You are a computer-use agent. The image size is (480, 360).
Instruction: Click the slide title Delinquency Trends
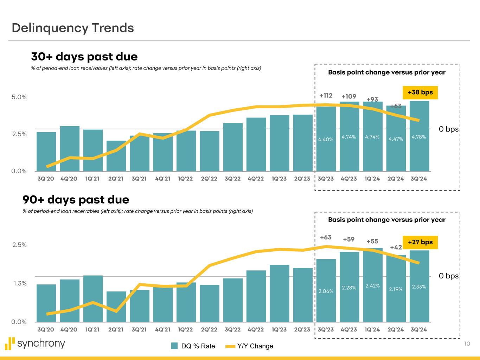click(x=73, y=28)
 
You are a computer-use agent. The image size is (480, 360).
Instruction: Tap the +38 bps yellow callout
click(x=420, y=92)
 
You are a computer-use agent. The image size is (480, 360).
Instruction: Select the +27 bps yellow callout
click(x=420, y=242)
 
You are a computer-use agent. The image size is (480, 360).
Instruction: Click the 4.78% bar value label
click(x=419, y=137)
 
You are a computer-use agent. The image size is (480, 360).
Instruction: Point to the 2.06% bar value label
click(x=326, y=291)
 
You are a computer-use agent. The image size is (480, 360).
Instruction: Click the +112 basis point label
click(x=326, y=96)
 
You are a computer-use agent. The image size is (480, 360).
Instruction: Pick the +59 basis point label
click(x=348, y=239)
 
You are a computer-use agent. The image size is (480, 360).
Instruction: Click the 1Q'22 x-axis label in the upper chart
click(x=185, y=179)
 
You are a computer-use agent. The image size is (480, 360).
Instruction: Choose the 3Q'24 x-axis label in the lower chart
click(x=419, y=329)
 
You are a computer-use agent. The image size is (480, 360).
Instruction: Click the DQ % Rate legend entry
click(x=193, y=346)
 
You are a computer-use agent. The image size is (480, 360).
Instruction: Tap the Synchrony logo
click(x=35, y=343)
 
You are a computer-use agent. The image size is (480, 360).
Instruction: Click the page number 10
click(x=467, y=344)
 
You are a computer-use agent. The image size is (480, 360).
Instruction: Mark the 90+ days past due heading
click(x=76, y=200)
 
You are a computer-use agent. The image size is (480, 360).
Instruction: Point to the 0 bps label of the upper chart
click(x=448, y=129)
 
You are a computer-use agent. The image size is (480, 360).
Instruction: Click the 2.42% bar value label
click(x=372, y=286)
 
